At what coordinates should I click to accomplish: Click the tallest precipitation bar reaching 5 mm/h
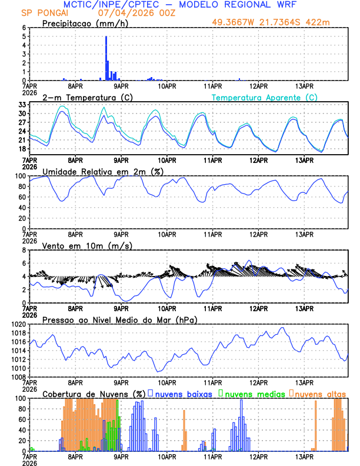106,58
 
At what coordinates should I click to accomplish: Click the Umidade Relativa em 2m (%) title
102,171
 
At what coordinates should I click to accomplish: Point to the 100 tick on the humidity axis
19,176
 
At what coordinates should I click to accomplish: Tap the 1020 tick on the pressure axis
18,324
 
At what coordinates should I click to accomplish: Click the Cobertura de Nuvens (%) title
94,394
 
